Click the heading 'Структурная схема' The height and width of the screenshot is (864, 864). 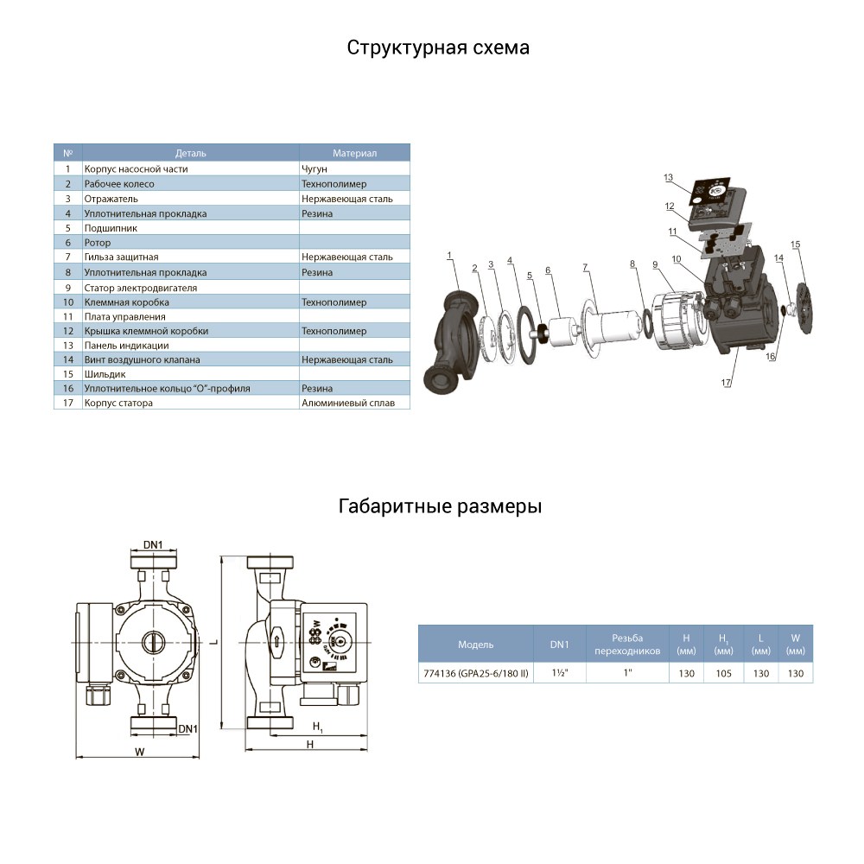pyautogui.click(x=438, y=48)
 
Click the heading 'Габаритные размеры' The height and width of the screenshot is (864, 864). pyautogui.click(x=440, y=506)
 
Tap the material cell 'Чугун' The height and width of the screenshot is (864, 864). pyautogui.click(x=316, y=169)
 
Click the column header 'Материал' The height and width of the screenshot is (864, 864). pyautogui.click(x=354, y=154)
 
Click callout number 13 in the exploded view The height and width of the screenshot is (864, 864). pyautogui.click(x=668, y=178)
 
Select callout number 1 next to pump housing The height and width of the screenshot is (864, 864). pyautogui.click(x=450, y=255)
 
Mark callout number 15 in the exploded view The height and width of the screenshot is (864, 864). pyautogui.click(x=795, y=245)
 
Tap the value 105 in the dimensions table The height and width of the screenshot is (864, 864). pyautogui.click(x=724, y=672)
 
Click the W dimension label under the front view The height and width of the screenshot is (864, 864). pyautogui.click(x=138, y=751)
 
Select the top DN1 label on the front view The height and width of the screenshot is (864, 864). pyautogui.click(x=154, y=545)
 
